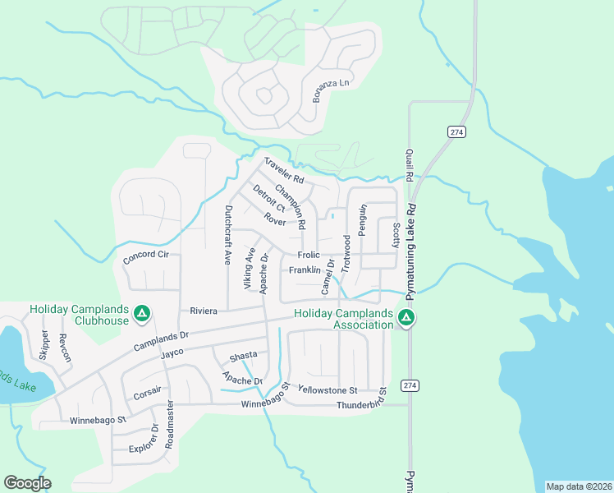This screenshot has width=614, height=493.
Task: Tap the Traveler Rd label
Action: click(x=284, y=171)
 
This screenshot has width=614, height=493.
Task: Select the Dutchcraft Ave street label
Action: click(x=228, y=234)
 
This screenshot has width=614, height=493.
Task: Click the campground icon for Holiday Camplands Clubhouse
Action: click(x=141, y=313)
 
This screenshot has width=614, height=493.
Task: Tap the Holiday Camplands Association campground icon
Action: click(x=404, y=318)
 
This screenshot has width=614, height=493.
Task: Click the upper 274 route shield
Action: click(x=457, y=131)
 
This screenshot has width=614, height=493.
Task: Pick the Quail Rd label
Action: click(x=408, y=165)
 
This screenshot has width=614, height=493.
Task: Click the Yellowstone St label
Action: click(x=328, y=389)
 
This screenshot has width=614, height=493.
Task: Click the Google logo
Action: click(x=27, y=483)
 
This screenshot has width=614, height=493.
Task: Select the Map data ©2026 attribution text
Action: click(x=579, y=486)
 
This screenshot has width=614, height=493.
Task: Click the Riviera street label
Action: click(x=203, y=311)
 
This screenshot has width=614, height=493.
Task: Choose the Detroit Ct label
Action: click(x=268, y=200)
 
